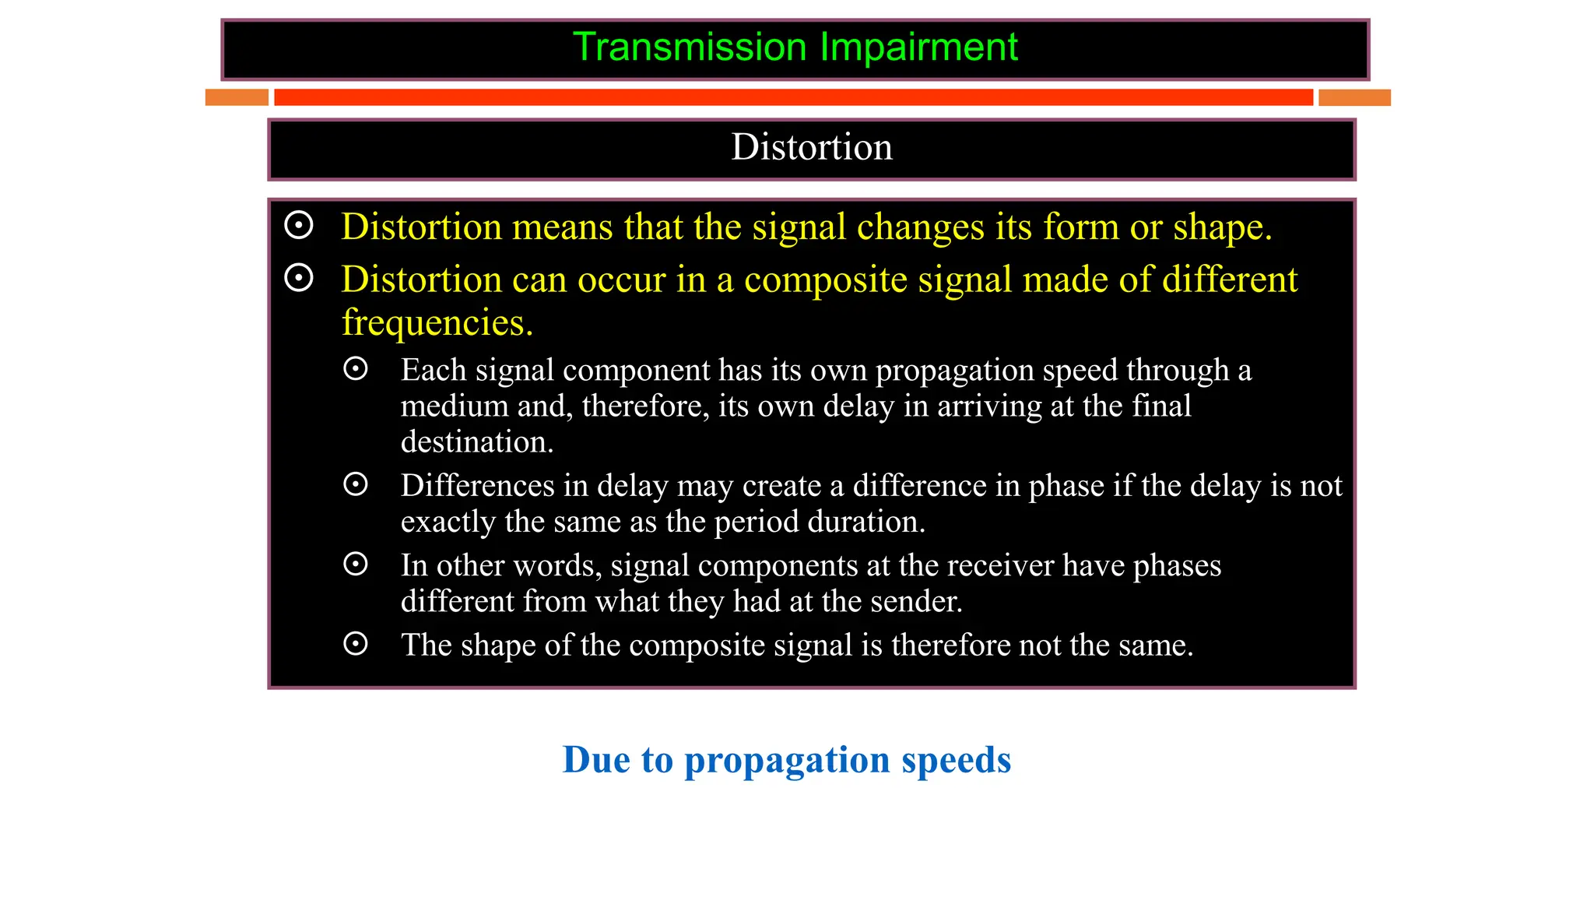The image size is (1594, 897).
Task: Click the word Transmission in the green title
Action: (x=690, y=47)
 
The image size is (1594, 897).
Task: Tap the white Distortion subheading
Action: (x=811, y=147)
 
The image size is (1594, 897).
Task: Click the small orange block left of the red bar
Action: (x=237, y=97)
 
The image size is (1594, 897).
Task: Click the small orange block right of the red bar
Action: (x=1354, y=97)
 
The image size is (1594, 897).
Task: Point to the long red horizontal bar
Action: (x=793, y=97)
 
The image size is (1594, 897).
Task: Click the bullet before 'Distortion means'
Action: (x=299, y=226)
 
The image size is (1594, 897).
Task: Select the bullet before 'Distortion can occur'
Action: (x=299, y=278)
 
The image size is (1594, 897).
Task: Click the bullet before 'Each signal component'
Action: (x=356, y=369)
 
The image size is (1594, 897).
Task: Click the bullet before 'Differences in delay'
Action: (x=356, y=484)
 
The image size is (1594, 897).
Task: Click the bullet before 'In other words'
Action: (x=356, y=565)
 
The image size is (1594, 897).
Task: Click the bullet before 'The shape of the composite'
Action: (x=356, y=644)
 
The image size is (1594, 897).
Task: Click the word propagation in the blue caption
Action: (x=786, y=760)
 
